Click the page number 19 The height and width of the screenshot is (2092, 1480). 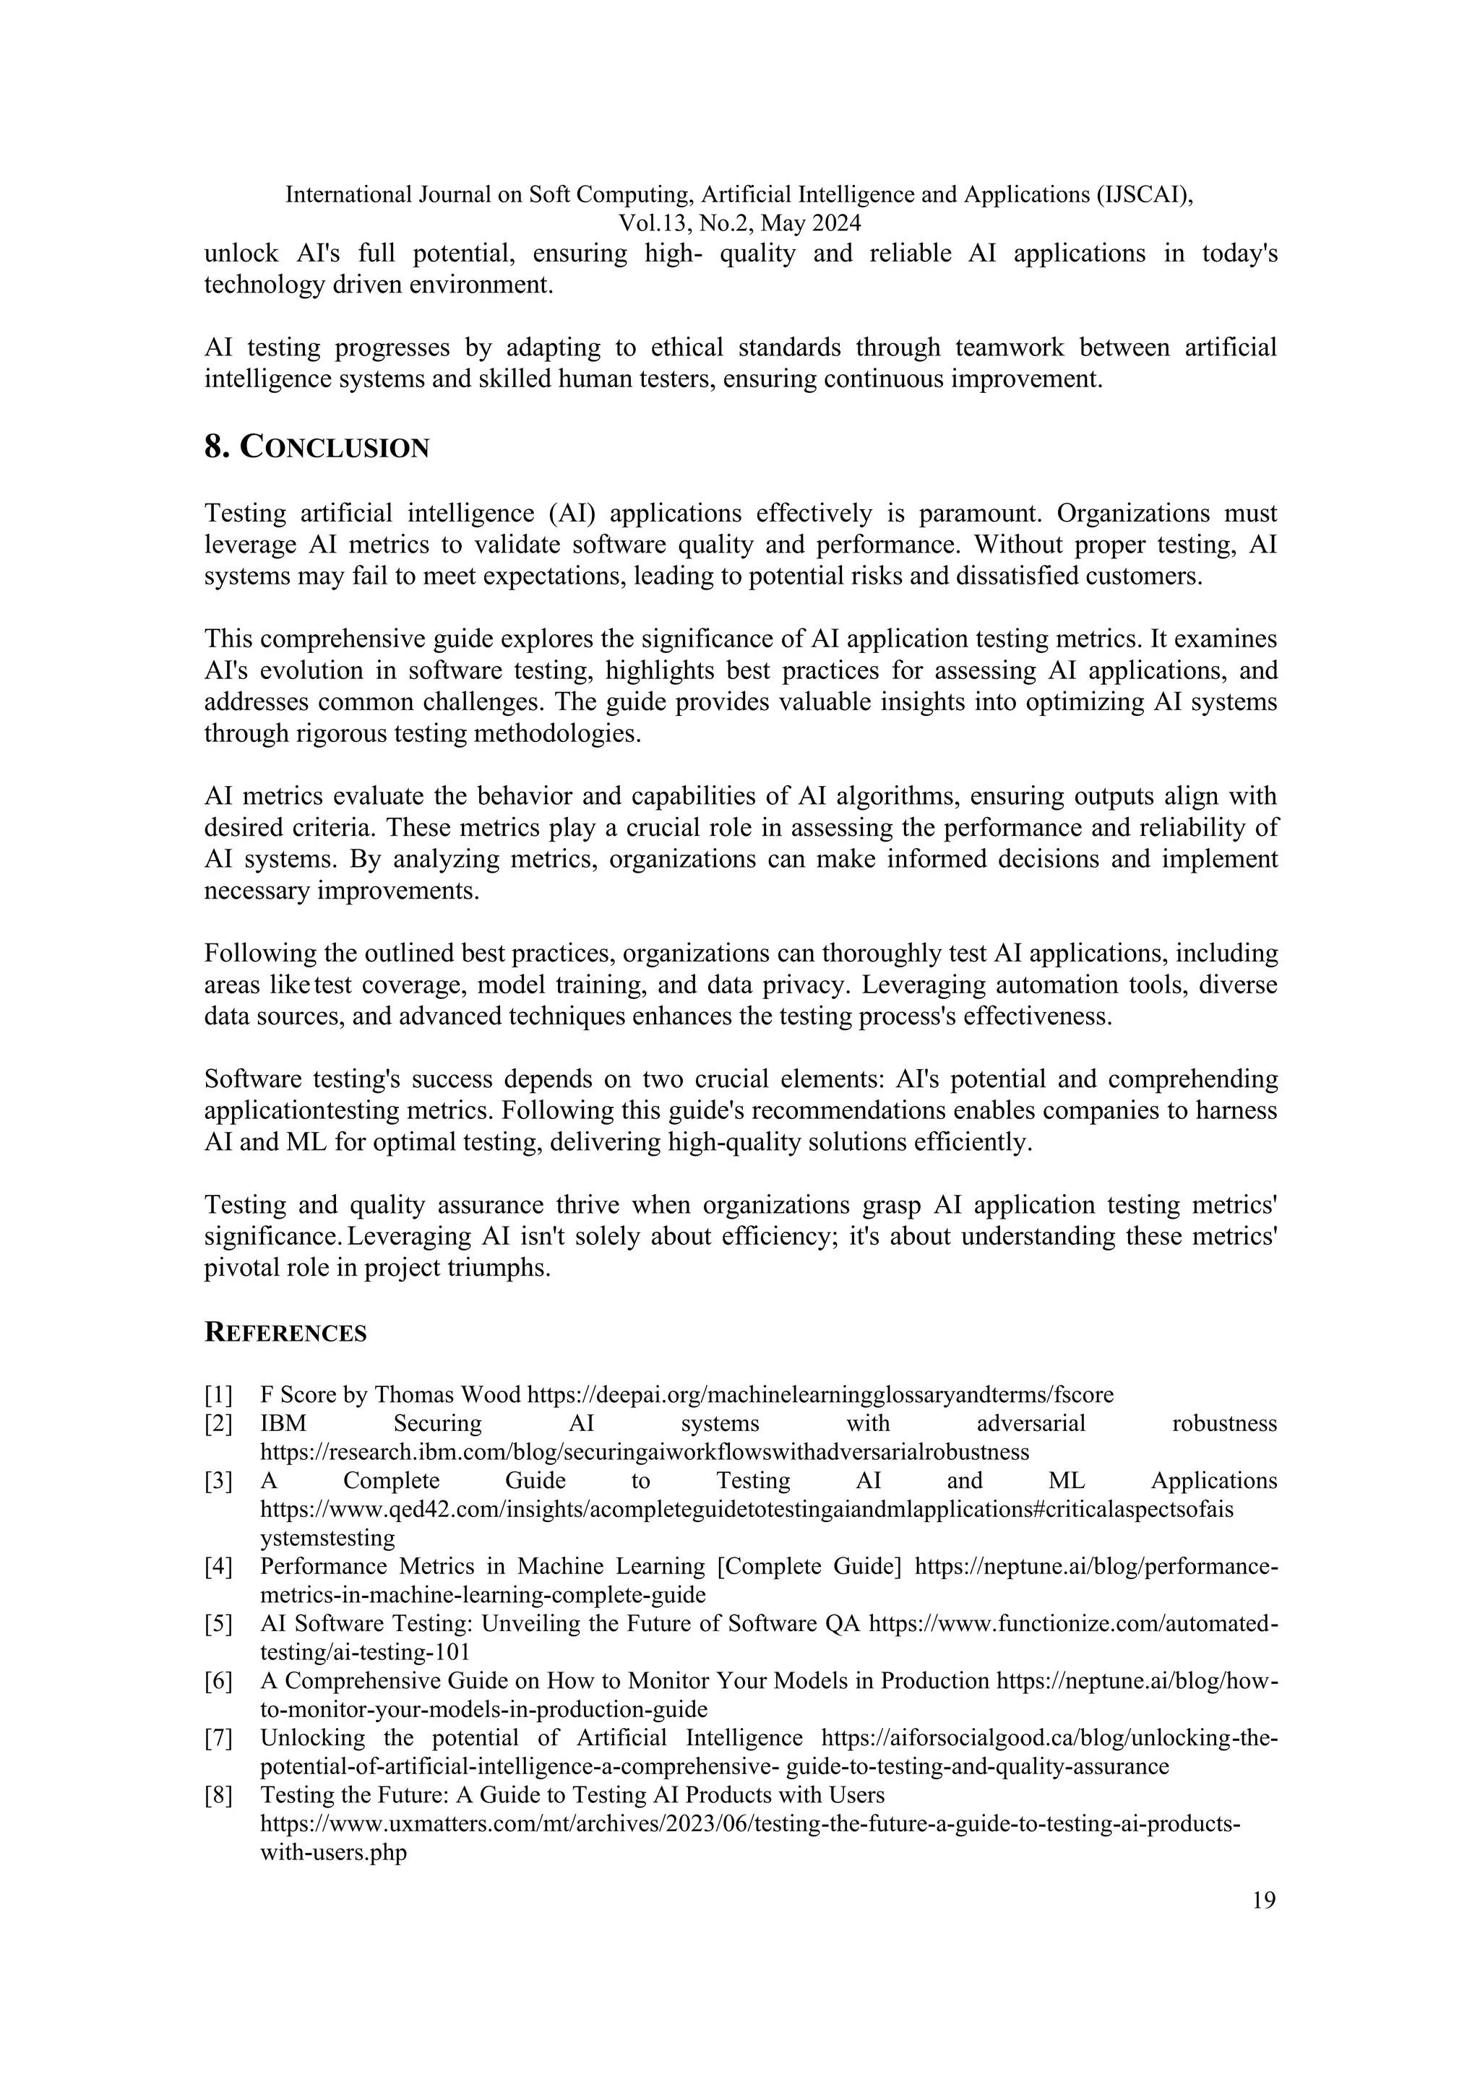[1264, 1901]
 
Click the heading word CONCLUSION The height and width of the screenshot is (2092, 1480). [335, 449]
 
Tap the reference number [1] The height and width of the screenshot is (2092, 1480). [219, 1395]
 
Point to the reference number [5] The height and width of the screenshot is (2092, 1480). [219, 1625]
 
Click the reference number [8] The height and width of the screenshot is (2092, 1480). [219, 1796]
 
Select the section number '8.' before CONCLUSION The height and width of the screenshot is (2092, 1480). [217, 449]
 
